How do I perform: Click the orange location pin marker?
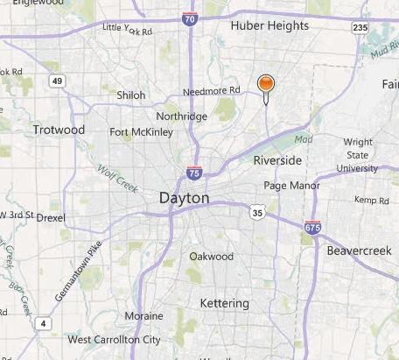pyautogui.click(x=266, y=84)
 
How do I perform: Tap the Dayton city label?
pyautogui.click(x=185, y=199)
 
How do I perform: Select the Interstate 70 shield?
pyautogui.click(x=190, y=17)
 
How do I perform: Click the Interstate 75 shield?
pyautogui.click(x=194, y=173)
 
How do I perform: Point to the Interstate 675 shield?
pyautogui.click(x=312, y=227)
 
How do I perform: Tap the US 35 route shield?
pyautogui.click(x=256, y=212)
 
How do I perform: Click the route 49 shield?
pyautogui.click(x=57, y=81)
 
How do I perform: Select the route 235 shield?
pyautogui.click(x=360, y=28)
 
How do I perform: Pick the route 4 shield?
pyautogui.click(x=43, y=325)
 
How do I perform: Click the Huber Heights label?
pyautogui.click(x=269, y=26)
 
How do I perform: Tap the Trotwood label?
pyautogui.click(x=59, y=131)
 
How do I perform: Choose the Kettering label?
pyautogui.click(x=225, y=303)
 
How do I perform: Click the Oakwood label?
pyautogui.click(x=212, y=257)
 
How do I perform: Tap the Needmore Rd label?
pyautogui.click(x=211, y=90)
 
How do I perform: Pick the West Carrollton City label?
pyautogui.click(x=115, y=339)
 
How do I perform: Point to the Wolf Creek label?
pyautogui.click(x=113, y=170)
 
